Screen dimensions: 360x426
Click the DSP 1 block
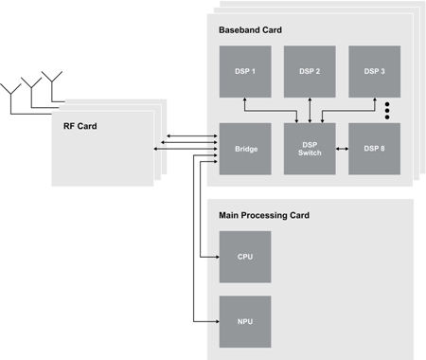tap(244, 71)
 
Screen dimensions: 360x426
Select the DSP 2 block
tap(310, 71)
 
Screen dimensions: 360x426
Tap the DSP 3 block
tap(373, 71)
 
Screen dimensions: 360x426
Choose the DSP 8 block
tap(373, 149)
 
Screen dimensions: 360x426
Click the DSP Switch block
tap(310, 149)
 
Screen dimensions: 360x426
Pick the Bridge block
tap(244, 149)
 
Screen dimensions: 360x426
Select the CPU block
tap(244, 257)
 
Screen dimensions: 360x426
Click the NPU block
tap(244, 321)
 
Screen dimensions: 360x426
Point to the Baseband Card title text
tap(250, 30)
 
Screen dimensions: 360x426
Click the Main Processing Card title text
tap(264, 216)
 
